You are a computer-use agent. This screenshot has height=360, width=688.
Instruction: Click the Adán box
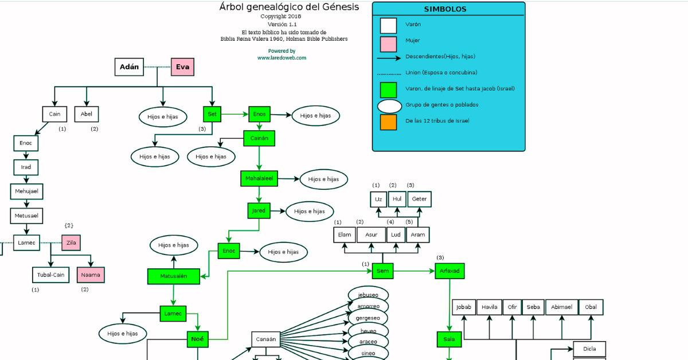click(x=129, y=67)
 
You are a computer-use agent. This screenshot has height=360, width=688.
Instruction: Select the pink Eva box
click(x=182, y=67)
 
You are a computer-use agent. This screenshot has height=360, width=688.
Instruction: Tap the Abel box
click(x=87, y=114)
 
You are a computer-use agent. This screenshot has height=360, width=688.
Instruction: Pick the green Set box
click(x=212, y=114)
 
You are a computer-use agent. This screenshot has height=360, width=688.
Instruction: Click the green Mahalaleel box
click(x=259, y=179)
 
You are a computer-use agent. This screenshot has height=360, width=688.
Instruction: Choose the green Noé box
click(x=197, y=339)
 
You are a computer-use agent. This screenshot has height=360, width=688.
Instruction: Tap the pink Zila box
click(x=71, y=243)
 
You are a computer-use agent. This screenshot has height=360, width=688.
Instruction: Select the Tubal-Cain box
click(x=51, y=275)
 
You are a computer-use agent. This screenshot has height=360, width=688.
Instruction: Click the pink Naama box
click(x=91, y=275)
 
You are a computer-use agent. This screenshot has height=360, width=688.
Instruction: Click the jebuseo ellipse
click(x=368, y=295)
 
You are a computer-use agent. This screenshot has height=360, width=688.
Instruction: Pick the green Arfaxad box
click(x=449, y=271)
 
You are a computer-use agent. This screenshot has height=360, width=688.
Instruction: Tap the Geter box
click(x=419, y=199)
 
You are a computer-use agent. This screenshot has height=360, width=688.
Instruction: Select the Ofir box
click(x=512, y=307)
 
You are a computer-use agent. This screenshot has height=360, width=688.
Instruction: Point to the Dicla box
click(x=589, y=349)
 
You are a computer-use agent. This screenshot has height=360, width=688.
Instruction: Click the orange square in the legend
click(x=388, y=122)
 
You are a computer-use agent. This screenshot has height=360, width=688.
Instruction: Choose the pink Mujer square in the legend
click(x=388, y=41)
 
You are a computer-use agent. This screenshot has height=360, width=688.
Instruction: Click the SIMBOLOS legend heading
click(x=445, y=9)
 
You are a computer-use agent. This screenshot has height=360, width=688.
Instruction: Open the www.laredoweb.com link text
click(x=282, y=58)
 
